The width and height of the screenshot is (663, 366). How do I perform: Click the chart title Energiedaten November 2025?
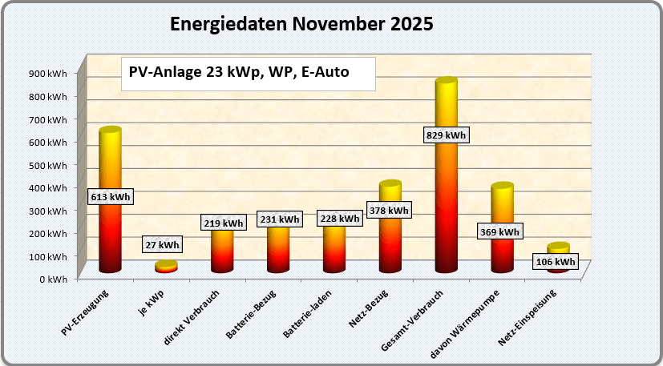pyautogui.click(x=302, y=25)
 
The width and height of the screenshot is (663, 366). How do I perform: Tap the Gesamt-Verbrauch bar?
pyautogui.click(x=446, y=208)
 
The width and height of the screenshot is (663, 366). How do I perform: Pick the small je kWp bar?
pyautogui.click(x=166, y=267)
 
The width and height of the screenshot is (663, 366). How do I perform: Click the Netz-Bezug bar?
pyautogui.click(x=390, y=240)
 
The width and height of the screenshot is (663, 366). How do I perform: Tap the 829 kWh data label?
pyautogui.click(x=445, y=135)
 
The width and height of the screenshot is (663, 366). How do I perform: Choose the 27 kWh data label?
pyautogui.click(x=162, y=244)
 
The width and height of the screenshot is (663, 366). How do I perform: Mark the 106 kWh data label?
pyautogui.click(x=554, y=262)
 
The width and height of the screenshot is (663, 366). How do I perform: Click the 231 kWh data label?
pyautogui.click(x=278, y=219)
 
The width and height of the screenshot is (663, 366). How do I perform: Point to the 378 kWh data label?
pyautogui.click(x=388, y=211)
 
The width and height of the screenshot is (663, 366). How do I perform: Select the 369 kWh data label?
pyautogui.click(x=499, y=232)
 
